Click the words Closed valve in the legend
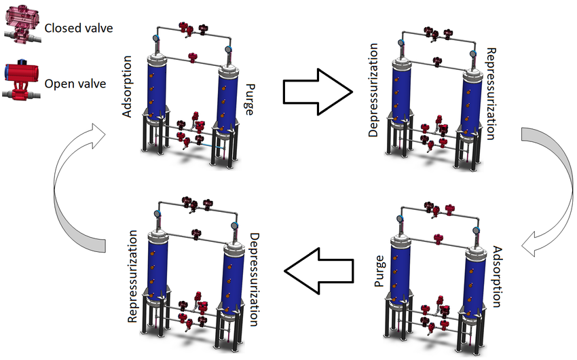click(78, 28)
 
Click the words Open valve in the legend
click(74, 84)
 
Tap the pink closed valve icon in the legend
click(20, 26)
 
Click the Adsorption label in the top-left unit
click(127, 91)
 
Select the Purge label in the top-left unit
click(250, 99)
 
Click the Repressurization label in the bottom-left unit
click(133, 275)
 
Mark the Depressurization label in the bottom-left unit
click(254, 279)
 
